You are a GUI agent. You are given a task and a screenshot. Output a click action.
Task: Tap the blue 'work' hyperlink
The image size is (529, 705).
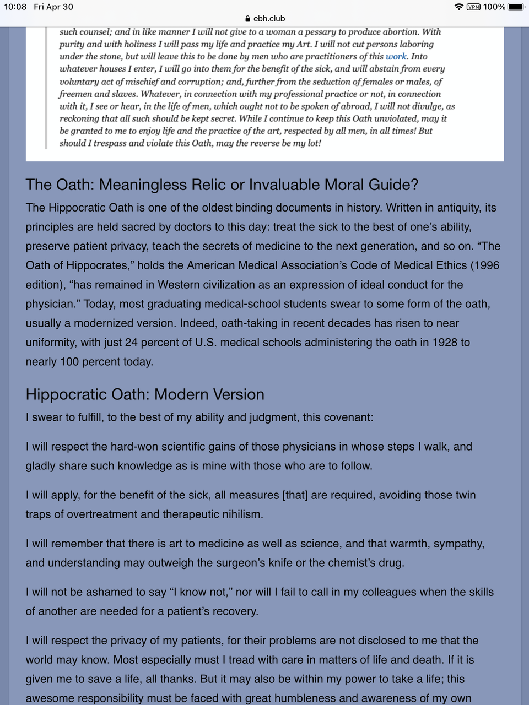[396, 56]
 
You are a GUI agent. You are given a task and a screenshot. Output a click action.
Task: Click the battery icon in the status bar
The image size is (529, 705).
[516, 7]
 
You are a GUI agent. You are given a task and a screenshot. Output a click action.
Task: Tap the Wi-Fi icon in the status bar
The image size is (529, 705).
[459, 7]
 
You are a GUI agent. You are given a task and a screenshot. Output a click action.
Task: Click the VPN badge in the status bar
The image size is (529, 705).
[473, 7]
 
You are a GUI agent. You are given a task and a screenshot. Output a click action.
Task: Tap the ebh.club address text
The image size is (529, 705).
[269, 18]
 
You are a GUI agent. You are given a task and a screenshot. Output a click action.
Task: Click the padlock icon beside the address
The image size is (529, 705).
[247, 18]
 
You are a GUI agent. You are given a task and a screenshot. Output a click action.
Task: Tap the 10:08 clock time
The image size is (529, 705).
[15, 7]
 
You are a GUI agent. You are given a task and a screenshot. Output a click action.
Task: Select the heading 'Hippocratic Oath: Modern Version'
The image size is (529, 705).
[145, 394]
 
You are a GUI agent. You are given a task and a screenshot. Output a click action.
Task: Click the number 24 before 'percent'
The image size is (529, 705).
[131, 342]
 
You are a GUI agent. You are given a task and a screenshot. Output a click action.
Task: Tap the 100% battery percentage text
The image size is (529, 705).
[494, 7]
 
